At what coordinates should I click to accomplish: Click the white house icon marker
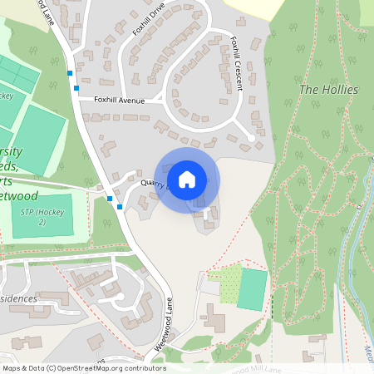(x=187, y=179)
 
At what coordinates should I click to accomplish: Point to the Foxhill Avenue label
(x=119, y=101)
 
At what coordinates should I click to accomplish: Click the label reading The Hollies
(x=328, y=89)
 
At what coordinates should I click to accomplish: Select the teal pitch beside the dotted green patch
(x=253, y=288)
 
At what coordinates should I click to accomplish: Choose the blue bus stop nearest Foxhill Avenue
(x=76, y=88)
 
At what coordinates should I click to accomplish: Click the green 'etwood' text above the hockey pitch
(x=18, y=172)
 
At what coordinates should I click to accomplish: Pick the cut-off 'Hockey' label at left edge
(x=6, y=96)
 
